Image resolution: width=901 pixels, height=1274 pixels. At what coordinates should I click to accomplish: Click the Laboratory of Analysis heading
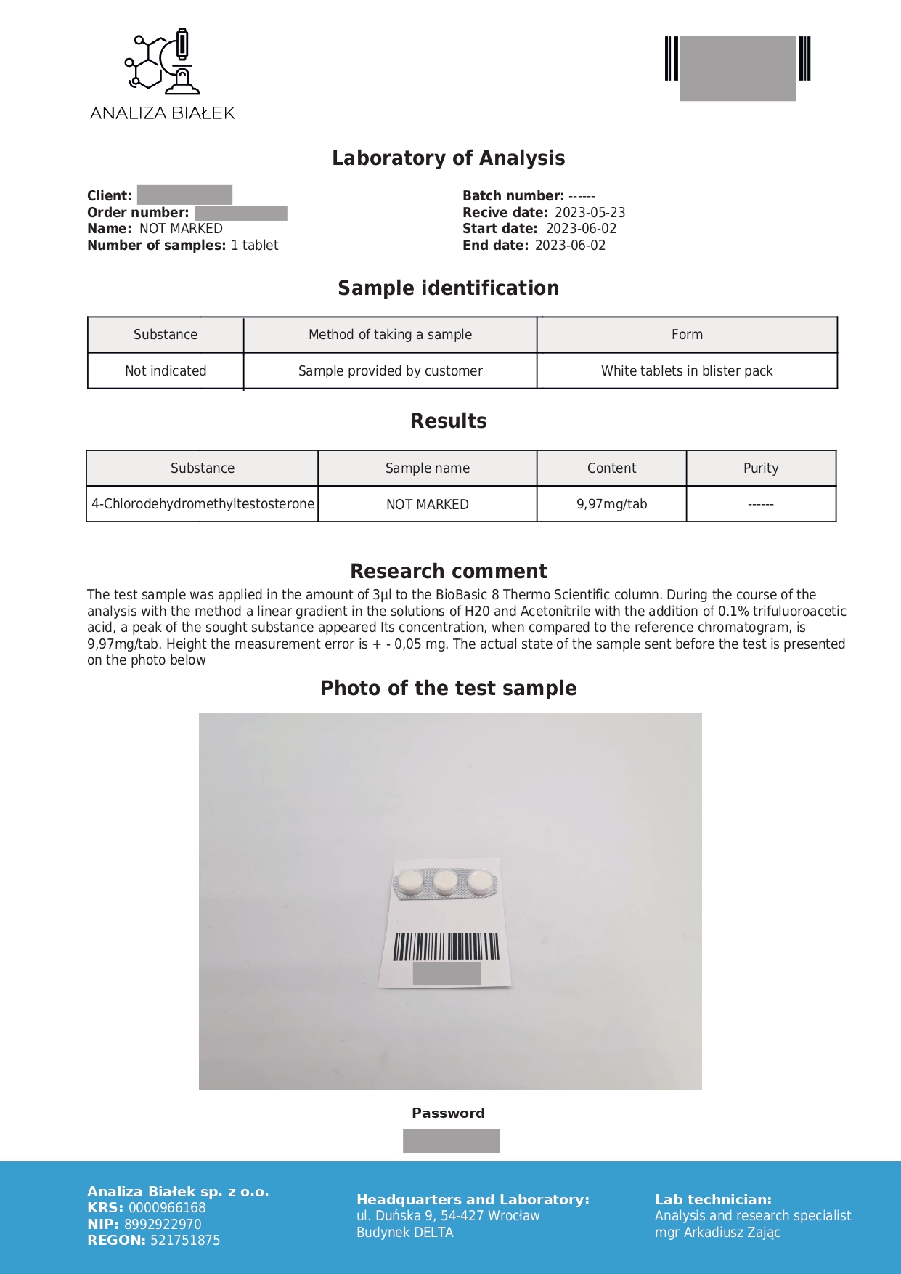tap(448, 158)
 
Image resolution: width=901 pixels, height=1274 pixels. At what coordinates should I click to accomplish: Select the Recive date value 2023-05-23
tap(590, 213)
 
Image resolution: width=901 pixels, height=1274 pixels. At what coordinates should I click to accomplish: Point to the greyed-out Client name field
tap(184, 195)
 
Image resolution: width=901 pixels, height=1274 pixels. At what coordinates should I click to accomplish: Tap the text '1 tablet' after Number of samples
tap(255, 246)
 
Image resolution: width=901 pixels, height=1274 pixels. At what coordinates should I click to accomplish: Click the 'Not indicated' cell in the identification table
tap(166, 371)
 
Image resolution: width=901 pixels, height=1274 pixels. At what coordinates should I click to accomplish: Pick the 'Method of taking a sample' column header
tap(390, 335)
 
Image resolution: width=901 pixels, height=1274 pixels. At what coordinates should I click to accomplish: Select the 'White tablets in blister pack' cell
tap(686, 371)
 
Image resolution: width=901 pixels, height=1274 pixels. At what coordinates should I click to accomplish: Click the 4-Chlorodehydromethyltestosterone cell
tap(203, 504)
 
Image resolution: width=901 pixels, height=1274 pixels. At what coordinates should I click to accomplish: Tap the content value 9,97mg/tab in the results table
tap(611, 504)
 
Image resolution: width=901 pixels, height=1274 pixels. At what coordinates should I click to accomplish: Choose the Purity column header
tap(760, 468)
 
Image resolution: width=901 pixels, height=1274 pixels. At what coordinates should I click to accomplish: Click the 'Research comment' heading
tap(448, 571)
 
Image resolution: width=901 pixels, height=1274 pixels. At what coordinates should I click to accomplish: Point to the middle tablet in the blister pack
tap(444, 882)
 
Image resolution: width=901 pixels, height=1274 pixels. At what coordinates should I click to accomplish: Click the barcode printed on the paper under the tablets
tap(446, 947)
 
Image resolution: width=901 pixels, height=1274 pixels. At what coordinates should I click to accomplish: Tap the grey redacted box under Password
tap(451, 1141)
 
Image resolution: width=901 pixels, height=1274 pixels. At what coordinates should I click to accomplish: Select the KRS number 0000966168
tap(167, 1208)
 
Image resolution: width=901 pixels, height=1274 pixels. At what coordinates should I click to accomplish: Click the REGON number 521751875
tap(185, 1241)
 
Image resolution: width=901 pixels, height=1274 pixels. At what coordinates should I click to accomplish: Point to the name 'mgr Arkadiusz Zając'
tap(717, 1233)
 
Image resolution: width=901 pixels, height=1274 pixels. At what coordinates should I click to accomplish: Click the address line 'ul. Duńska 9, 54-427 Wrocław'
tap(448, 1216)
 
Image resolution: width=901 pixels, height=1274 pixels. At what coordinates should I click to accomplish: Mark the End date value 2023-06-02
tap(570, 246)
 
